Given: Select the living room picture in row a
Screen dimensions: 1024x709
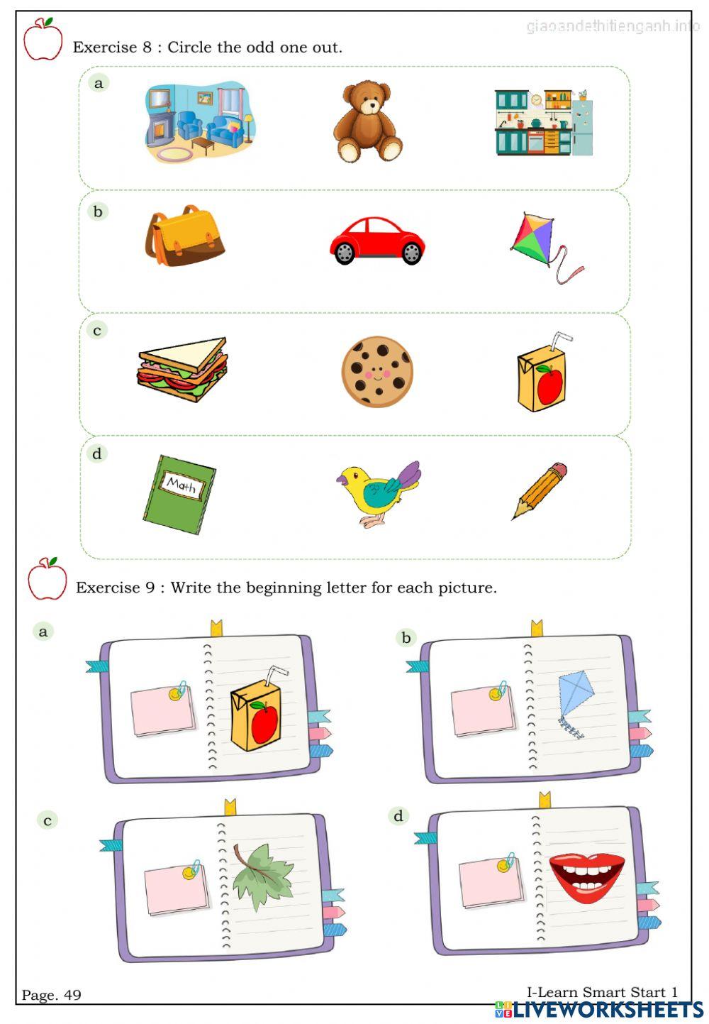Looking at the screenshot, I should tap(200, 121).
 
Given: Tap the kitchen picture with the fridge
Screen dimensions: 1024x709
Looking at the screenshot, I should tap(543, 122).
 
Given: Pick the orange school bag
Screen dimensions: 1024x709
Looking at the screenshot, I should tap(185, 236).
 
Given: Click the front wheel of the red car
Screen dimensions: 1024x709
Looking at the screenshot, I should tap(345, 253).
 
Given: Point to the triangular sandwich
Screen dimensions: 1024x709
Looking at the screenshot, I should tap(184, 370).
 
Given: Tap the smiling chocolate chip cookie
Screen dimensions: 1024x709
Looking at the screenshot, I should tap(377, 371).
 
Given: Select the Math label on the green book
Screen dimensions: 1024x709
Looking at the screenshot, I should tap(182, 486).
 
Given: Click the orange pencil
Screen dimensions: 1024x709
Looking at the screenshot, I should tap(540, 490).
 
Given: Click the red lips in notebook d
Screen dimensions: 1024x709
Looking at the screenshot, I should tap(586, 876).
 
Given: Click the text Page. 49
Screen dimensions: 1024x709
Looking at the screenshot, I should tap(52, 995).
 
